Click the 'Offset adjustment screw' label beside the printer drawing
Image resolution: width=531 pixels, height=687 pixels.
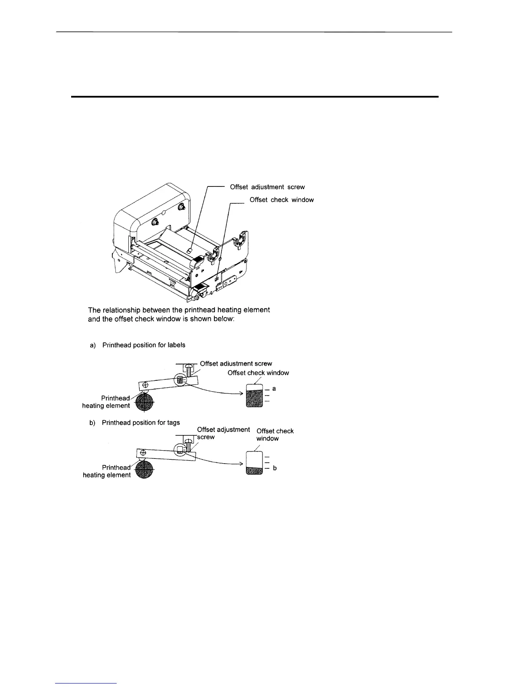click(267, 187)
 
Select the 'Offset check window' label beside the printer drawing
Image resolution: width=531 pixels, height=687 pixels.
click(282, 200)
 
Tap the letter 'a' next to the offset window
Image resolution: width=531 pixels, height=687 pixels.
click(274, 389)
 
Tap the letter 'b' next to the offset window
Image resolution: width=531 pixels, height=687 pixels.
click(275, 468)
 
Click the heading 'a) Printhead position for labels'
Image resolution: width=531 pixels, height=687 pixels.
click(138, 345)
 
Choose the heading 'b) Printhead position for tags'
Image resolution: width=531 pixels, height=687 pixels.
click(135, 422)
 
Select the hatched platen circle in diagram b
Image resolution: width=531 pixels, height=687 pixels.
click(144, 470)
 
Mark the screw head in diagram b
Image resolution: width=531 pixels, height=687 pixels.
click(188, 440)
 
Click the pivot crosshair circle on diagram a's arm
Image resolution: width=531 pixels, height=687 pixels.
click(145, 385)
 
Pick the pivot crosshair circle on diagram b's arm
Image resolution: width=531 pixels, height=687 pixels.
click(143, 454)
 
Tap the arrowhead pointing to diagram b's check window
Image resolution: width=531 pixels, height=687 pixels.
click(240, 464)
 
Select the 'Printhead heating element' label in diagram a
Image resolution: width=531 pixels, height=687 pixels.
click(106, 402)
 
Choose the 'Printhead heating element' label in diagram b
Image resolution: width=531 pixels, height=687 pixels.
click(107, 471)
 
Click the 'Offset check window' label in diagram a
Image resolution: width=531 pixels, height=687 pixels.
click(258, 373)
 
